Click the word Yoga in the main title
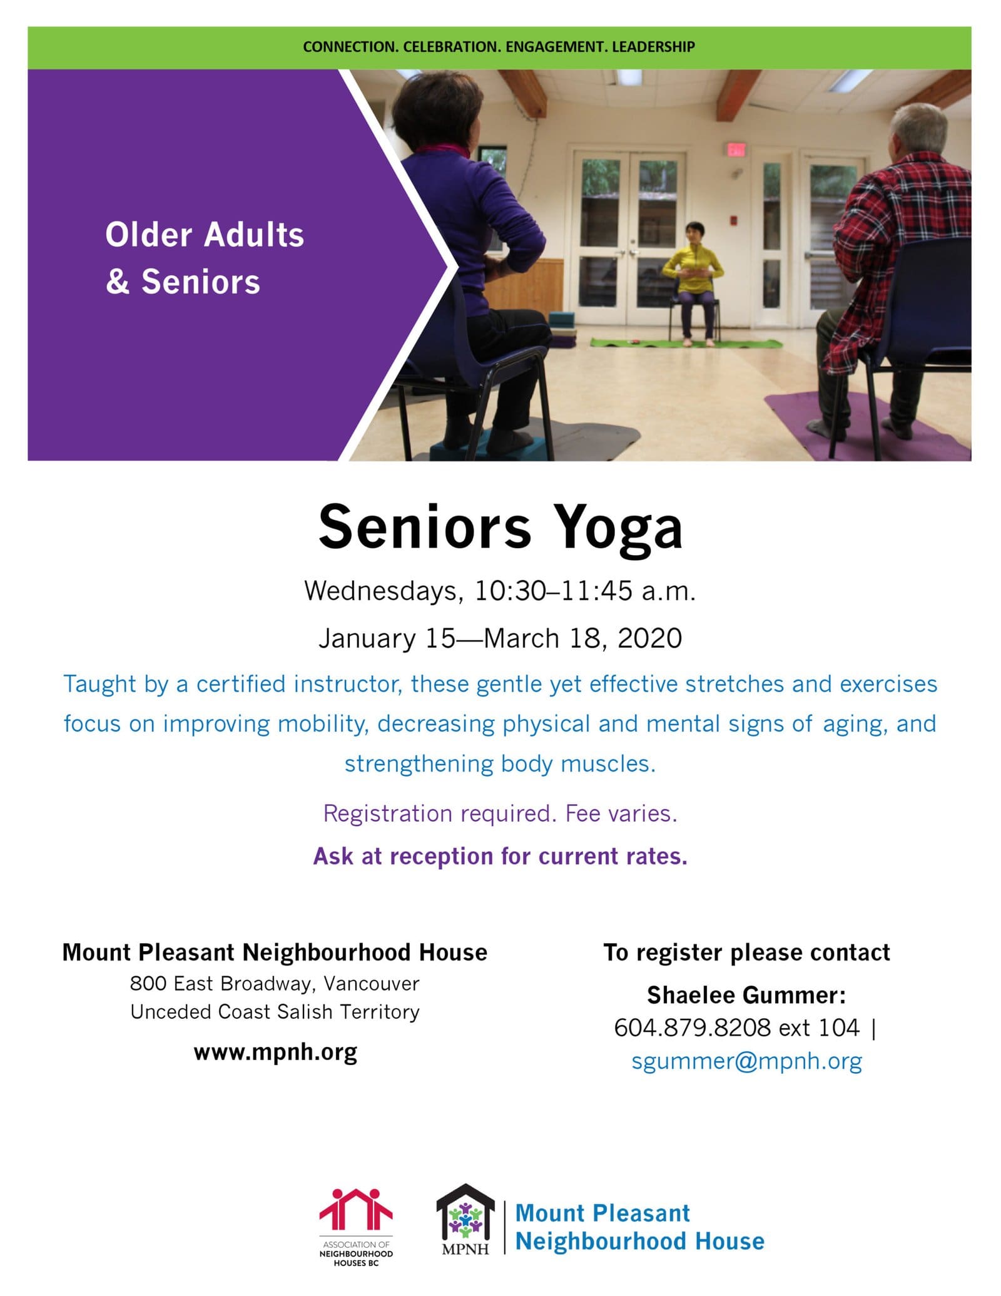pyautogui.click(x=619, y=528)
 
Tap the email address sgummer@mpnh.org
pyautogui.click(x=746, y=1061)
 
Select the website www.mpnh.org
pyautogui.click(x=275, y=1052)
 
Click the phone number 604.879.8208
pyautogui.click(x=692, y=1028)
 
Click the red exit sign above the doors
pyautogui.click(x=736, y=149)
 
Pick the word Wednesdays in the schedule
pyautogui.click(x=383, y=591)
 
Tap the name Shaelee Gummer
pyautogui.click(x=746, y=995)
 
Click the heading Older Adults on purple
pyautogui.click(x=205, y=235)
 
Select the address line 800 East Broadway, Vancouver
pyautogui.click(x=275, y=984)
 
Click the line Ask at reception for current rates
pyautogui.click(x=500, y=856)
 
